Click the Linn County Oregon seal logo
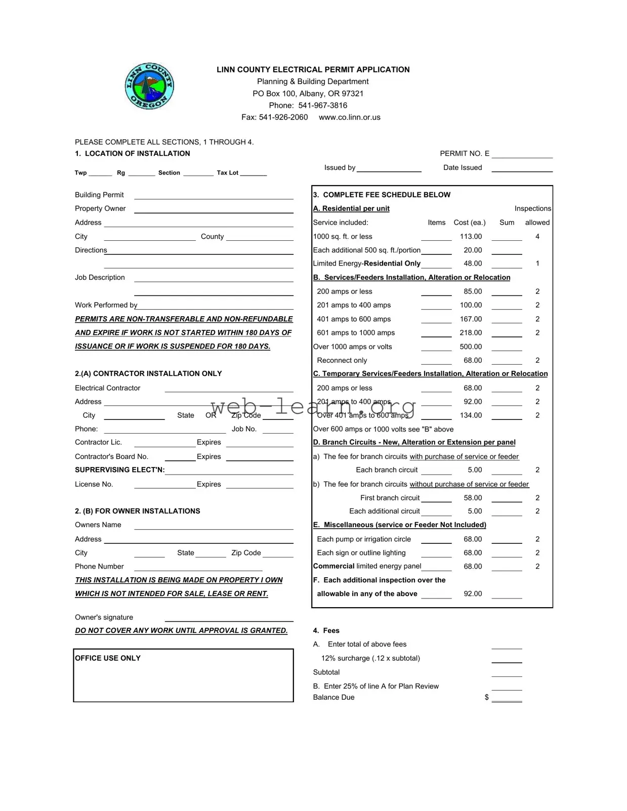(149, 87)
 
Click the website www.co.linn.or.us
(349, 117)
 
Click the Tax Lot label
(227, 173)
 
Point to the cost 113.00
(471, 237)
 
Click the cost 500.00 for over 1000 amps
(471, 347)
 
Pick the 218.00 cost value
(471, 333)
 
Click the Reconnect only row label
(342, 361)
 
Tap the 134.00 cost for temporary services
(471, 415)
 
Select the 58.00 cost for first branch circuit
(473, 498)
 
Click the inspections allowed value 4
(537, 237)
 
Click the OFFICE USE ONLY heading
(108, 658)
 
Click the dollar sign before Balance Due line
(487, 698)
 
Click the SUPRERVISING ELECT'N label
(120, 470)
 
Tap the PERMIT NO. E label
(465, 154)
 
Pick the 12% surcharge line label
(370, 659)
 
